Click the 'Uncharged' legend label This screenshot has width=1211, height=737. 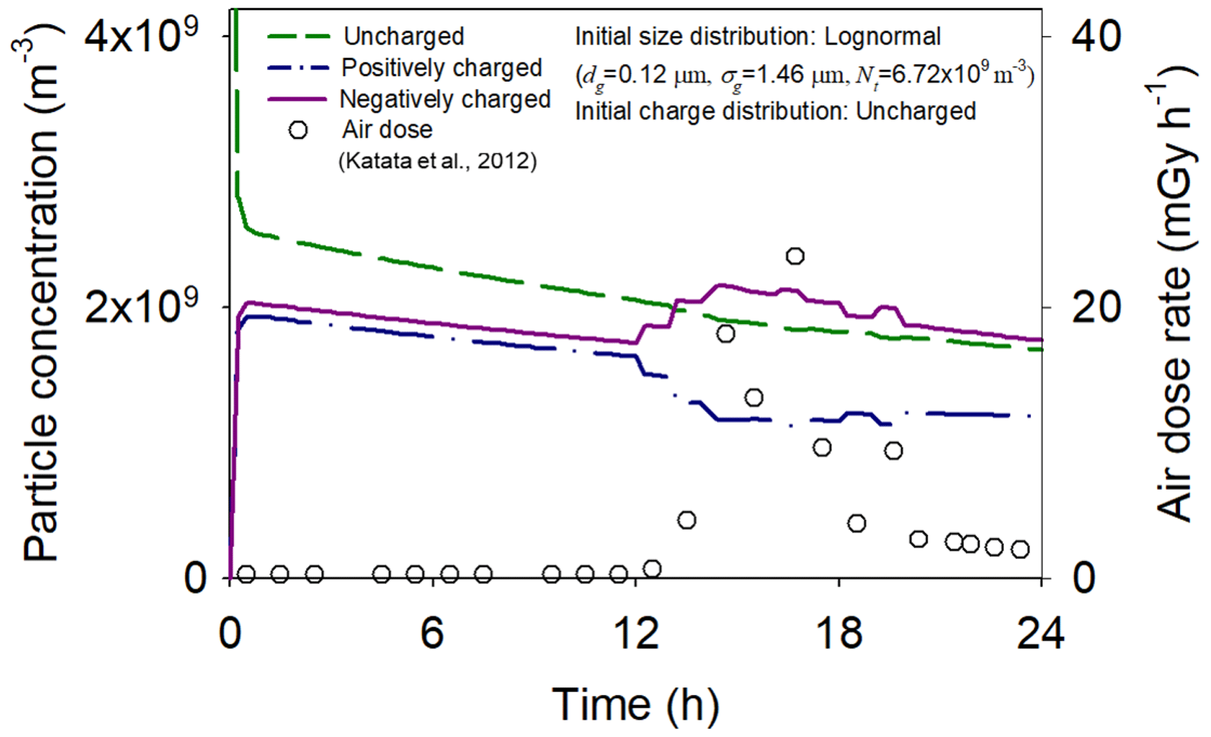click(x=404, y=36)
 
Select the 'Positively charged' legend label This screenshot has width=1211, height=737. click(x=442, y=68)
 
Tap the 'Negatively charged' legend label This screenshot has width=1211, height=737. click(x=445, y=99)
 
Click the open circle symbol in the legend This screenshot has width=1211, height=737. click(x=298, y=129)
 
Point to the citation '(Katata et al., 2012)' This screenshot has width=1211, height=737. click(x=438, y=161)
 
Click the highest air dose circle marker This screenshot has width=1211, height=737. click(x=795, y=256)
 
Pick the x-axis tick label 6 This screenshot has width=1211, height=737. click(x=432, y=633)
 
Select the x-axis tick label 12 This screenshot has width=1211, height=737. click(x=635, y=633)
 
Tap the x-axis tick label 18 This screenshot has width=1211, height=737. click(x=838, y=633)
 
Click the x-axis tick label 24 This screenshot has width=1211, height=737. click(x=1041, y=633)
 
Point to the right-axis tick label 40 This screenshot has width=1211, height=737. click(x=1096, y=36)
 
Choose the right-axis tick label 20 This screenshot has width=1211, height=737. click(x=1096, y=308)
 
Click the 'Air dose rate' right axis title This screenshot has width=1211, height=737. click(x=1175, y=293)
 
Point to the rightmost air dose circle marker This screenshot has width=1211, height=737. click(x=1021, y=550)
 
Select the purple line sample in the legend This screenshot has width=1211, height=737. click(x=296, y=100)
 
